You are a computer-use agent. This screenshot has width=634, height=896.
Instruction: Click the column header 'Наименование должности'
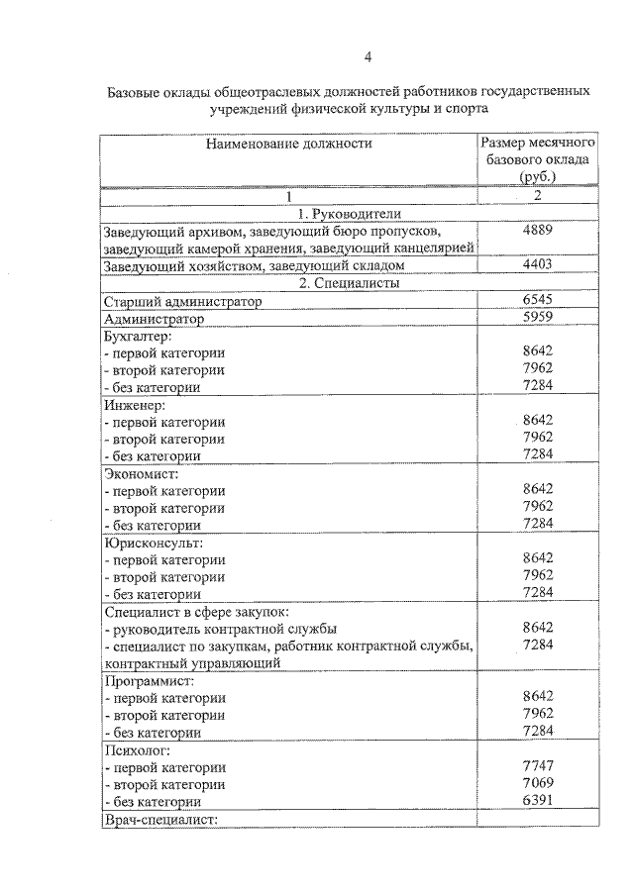click(289, 144)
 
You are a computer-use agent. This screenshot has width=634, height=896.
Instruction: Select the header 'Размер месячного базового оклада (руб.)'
click(537, 159)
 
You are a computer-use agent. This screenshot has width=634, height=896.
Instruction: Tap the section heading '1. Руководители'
click(340, 213)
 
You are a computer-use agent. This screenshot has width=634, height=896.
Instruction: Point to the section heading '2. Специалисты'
click(340, 283)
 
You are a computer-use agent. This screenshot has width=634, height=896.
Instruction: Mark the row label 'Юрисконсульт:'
click(152, 543)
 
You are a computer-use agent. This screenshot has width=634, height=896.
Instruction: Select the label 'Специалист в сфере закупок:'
click(195, 612)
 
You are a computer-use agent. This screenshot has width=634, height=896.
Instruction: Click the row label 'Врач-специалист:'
click(159, 819)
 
